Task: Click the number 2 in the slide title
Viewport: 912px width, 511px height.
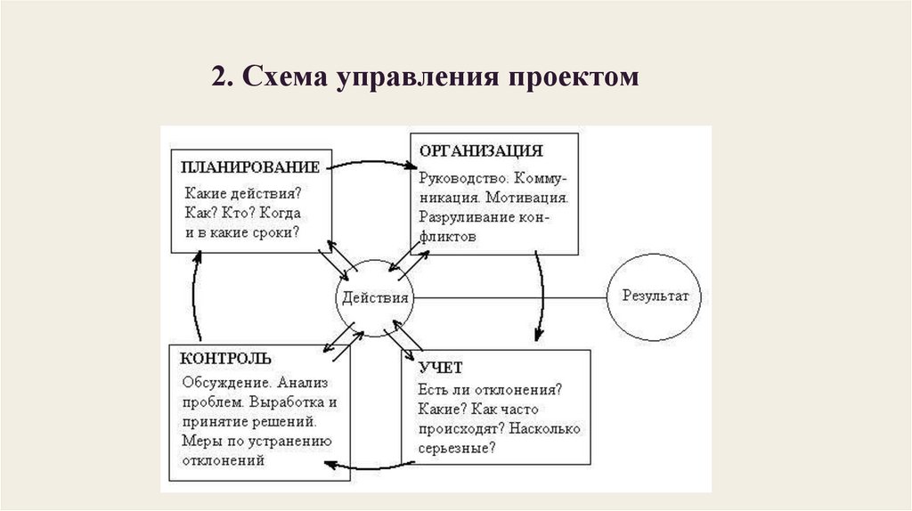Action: (218, 77)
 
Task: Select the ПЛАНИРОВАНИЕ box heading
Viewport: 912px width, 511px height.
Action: (250, 167)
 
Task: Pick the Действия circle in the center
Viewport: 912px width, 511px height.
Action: (375, 297)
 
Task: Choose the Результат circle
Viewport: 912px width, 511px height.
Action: (655, 297)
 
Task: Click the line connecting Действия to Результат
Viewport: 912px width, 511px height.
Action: (508, 296)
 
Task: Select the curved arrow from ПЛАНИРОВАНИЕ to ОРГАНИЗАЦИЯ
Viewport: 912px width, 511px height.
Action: (374, 162)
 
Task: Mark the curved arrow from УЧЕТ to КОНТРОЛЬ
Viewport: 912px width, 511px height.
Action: (374, 463)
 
